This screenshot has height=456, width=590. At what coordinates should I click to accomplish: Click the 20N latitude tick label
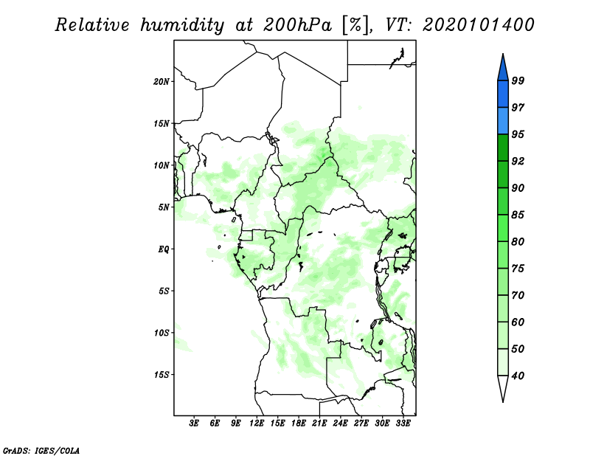[x=162, y=81]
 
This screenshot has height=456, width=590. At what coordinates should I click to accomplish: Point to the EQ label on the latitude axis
[x=164, y=249]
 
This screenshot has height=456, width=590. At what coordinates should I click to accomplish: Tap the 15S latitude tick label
[x=162, y=375]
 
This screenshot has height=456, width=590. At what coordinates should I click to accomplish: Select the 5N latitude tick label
[x=164, y=207]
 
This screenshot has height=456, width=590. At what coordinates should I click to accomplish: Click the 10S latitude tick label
[x=162, y=333]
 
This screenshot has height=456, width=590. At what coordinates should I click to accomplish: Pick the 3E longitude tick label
[x=194, y=424]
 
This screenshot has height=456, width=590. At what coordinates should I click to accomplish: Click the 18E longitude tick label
[x=299, y=424]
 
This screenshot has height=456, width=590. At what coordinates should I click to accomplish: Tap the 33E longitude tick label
[x=403, y=424]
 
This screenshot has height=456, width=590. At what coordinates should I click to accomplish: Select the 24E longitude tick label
[x=340, y=424]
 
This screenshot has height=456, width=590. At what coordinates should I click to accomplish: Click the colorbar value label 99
[x=518, y=81]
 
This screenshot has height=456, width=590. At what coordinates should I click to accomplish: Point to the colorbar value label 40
[x=518, y=376]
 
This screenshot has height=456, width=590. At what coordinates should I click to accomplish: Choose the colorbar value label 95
[x=518, y=135]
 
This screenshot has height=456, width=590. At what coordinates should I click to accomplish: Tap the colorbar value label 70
[x=518, y=296]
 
